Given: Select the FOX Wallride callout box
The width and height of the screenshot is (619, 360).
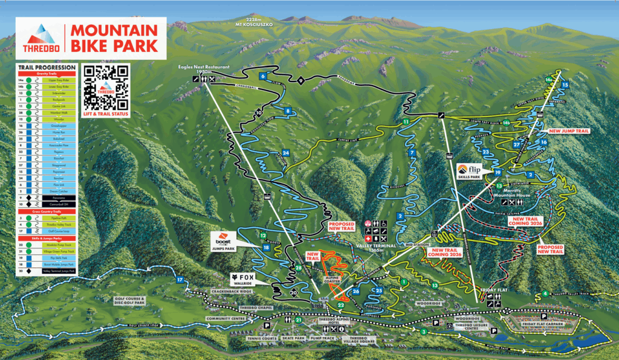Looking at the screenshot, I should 242,278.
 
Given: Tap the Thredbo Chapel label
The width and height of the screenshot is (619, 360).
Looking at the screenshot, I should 257,308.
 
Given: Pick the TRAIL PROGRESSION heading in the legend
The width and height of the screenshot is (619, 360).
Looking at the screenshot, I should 47,67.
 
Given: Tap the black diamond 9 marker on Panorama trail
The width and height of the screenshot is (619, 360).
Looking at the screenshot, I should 300,80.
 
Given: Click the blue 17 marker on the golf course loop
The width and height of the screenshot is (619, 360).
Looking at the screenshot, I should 180,280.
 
